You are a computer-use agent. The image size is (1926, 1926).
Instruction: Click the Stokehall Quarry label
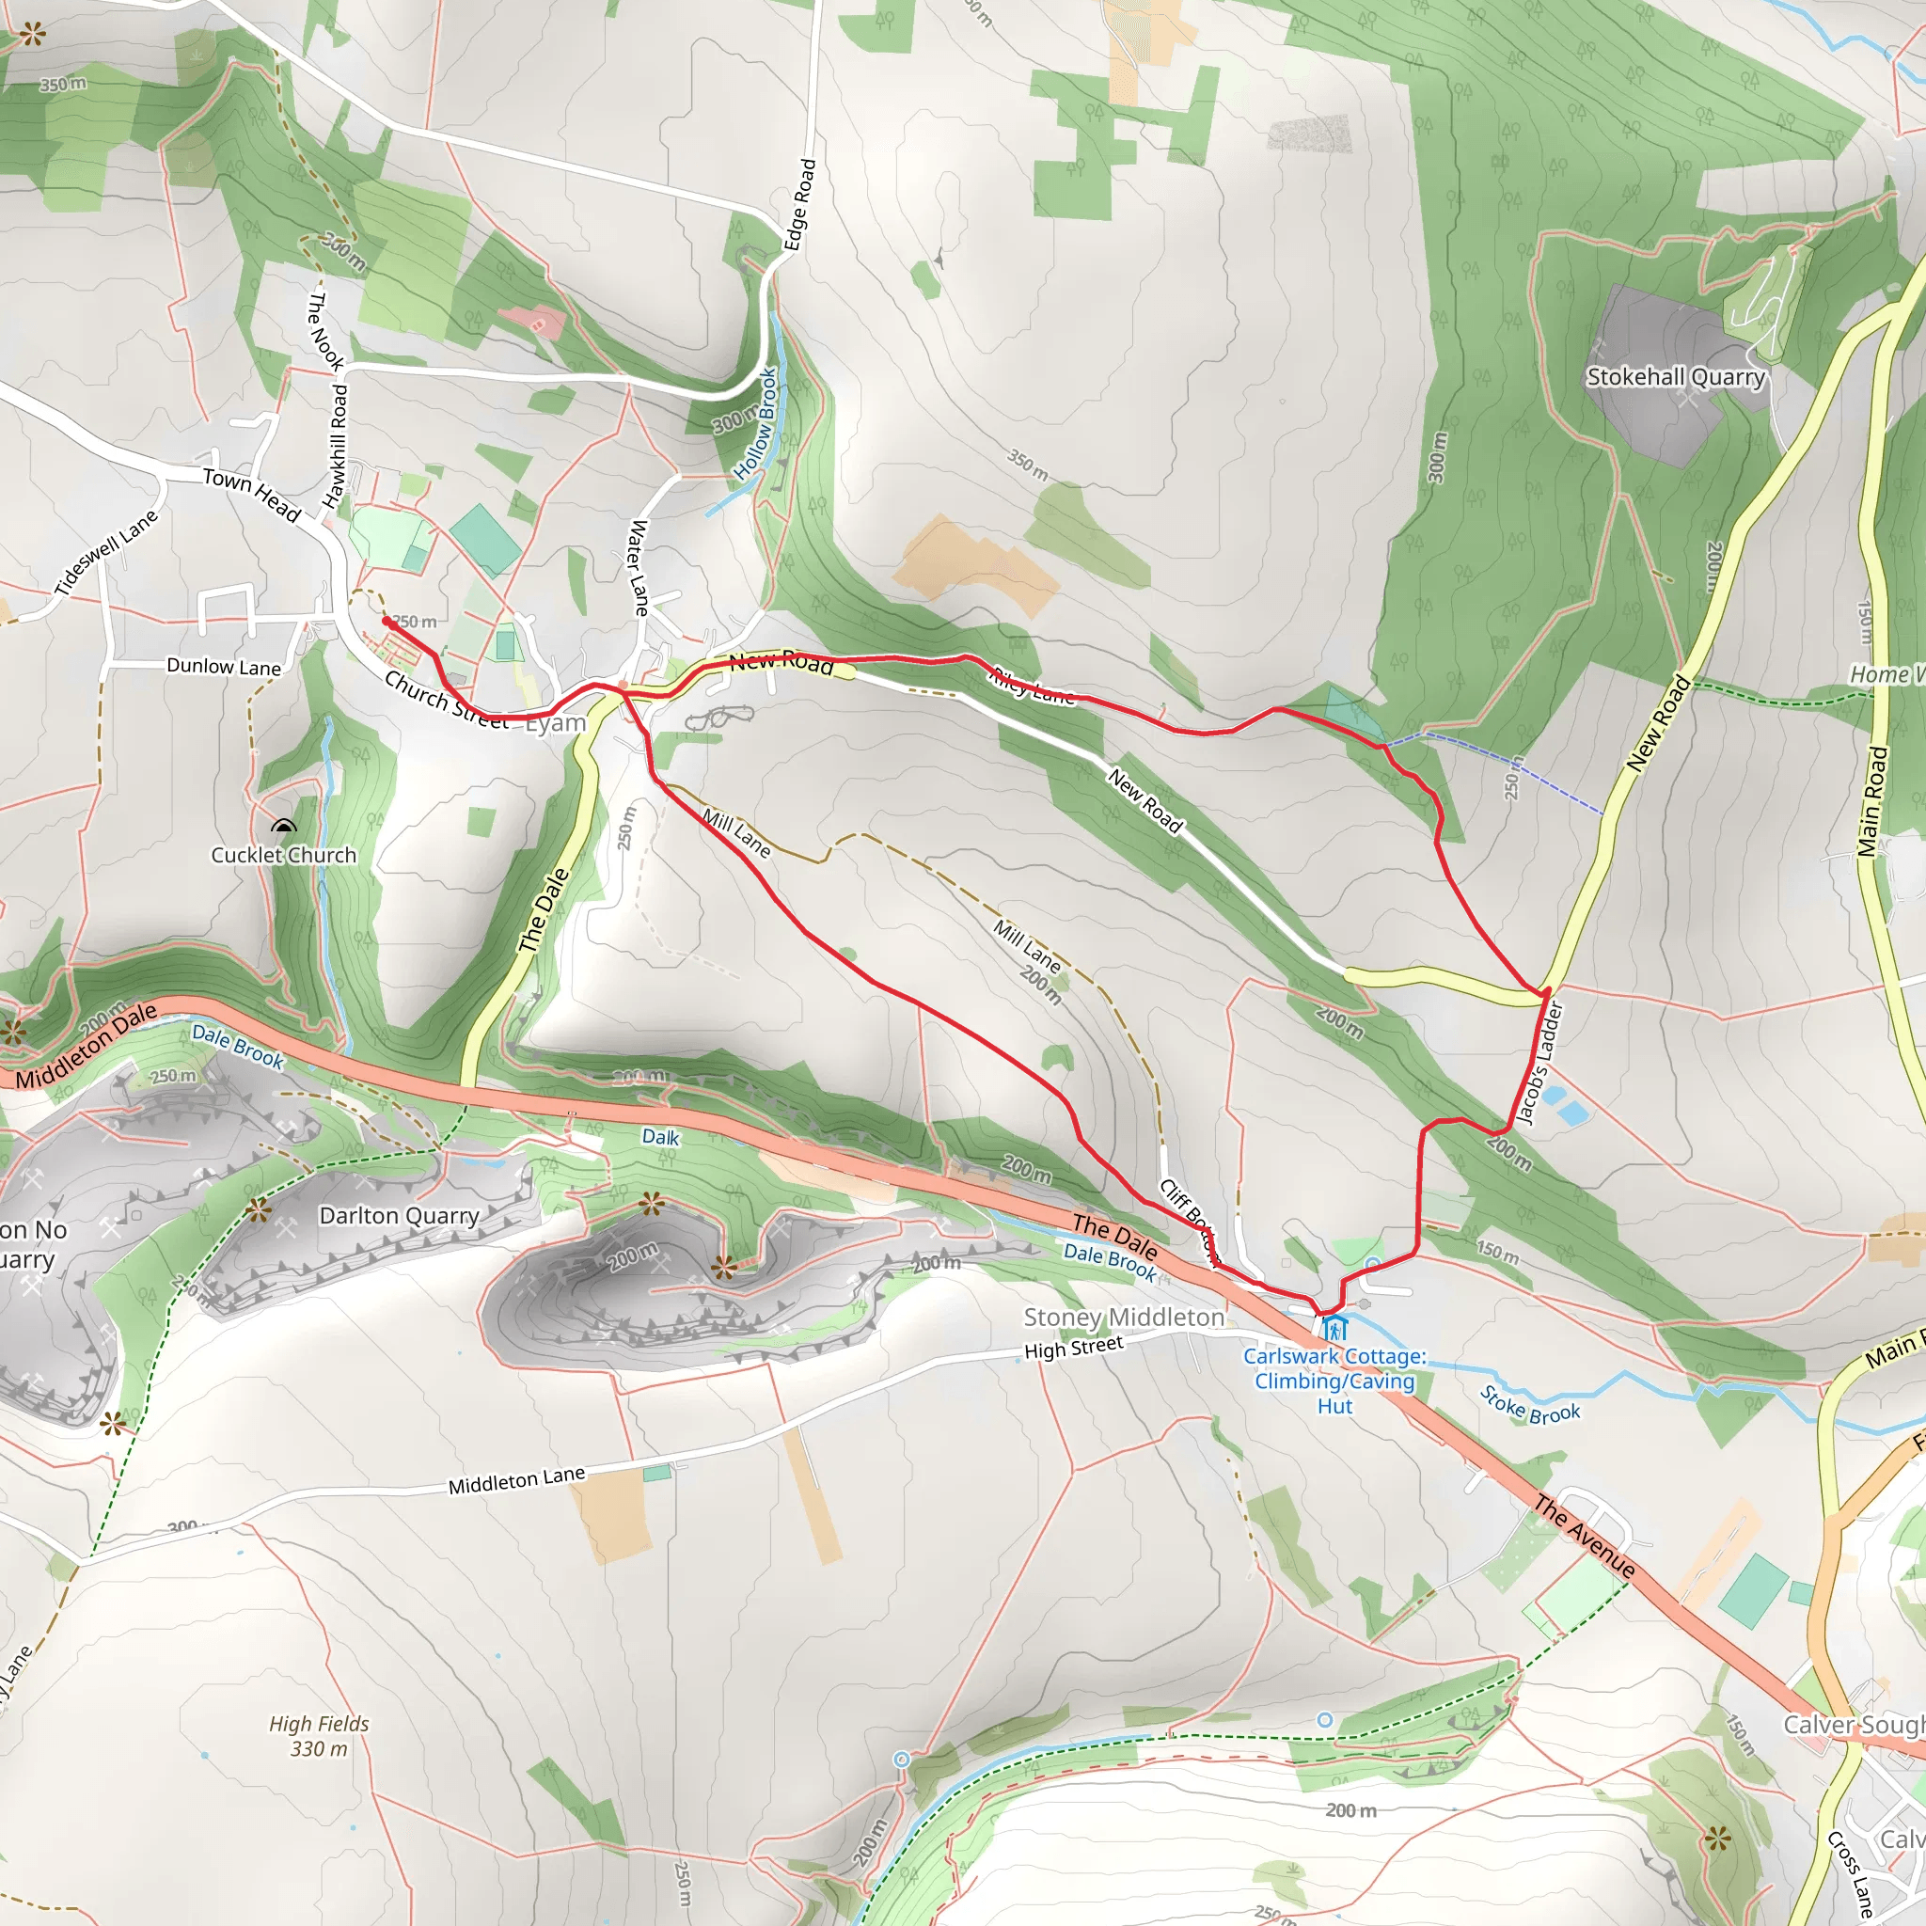1676,377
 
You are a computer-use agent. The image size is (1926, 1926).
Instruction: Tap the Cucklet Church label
283,856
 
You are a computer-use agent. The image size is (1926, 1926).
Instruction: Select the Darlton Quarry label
399,1216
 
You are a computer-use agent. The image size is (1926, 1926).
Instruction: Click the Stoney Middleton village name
1124,1318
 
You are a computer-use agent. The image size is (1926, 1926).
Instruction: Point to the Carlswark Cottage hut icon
1334,1329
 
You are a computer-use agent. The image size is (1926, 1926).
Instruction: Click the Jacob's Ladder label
1542,1063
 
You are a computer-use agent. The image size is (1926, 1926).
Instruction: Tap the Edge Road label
799,205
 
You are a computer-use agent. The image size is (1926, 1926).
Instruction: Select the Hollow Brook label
757,424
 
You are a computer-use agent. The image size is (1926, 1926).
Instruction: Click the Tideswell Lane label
105,553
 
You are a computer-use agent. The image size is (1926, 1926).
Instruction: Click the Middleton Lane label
516,1480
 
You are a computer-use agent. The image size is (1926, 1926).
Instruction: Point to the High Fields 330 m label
319,1736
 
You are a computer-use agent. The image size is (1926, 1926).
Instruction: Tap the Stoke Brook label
1529,1406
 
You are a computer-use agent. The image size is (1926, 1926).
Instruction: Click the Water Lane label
639,567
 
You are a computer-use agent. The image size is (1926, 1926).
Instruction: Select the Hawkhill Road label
336,447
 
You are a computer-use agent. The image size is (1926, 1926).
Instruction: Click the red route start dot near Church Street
387,621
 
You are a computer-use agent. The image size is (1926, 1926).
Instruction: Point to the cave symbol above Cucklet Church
284,827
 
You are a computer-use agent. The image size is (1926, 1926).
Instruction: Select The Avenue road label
1584,1538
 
